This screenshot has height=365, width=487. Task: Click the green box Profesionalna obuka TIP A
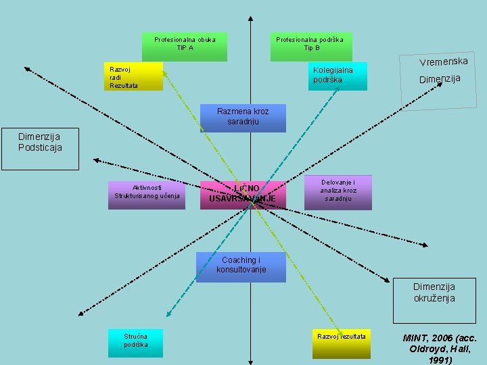185,47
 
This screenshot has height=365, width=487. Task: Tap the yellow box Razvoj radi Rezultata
135,76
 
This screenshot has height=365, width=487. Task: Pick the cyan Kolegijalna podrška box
338,76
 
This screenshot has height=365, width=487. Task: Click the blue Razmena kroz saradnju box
243,118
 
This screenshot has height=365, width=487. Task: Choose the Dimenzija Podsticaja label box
39,149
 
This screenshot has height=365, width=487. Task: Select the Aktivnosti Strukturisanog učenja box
146,195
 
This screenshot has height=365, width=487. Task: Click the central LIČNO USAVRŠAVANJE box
243,195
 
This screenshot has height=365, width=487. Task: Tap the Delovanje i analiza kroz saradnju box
338,192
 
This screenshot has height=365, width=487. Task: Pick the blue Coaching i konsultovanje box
241,267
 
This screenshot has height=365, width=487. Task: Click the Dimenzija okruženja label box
434,301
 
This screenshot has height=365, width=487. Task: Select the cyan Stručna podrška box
135,343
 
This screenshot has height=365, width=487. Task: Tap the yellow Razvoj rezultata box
342,343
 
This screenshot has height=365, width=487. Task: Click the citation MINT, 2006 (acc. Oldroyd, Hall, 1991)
440,348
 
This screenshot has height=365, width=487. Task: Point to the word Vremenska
443,62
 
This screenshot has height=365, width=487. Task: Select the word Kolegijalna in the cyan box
333,70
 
